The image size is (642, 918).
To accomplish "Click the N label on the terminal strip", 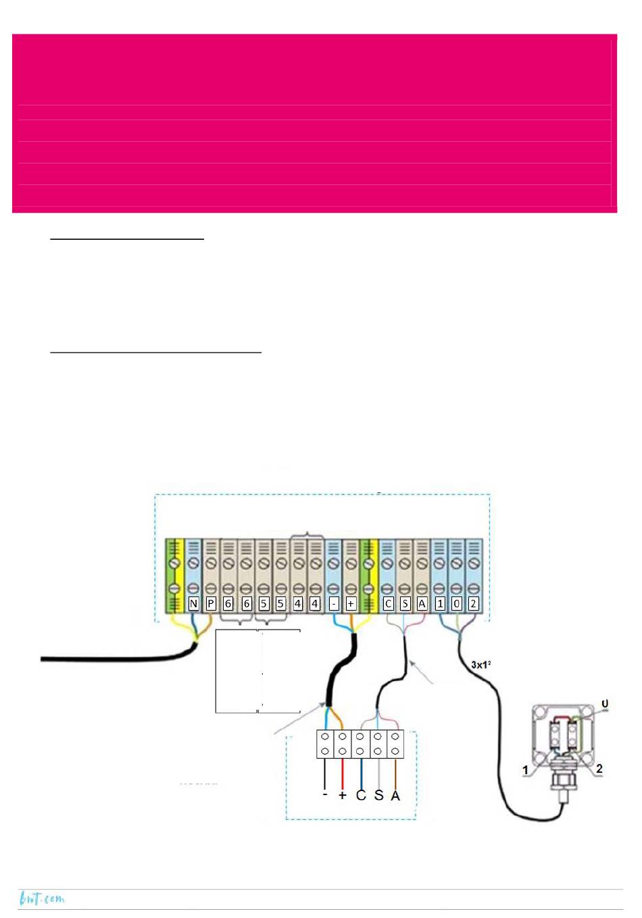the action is coord(194,603).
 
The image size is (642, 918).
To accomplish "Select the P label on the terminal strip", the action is coord(211,603).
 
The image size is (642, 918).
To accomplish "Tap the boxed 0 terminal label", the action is coord(457,603).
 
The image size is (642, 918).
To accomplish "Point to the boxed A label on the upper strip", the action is coord(422,603).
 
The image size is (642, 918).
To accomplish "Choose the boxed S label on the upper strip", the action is coord(405,603).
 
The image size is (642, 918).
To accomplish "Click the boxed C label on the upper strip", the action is coord(388,603).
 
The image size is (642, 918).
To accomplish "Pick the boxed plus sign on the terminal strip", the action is coord(351,603).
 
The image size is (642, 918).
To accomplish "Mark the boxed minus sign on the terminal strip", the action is coord(334,603).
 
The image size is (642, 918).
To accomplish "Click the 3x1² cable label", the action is coord(481,665).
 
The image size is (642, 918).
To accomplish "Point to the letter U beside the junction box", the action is coord(605,704).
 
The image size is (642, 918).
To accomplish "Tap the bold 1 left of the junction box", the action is coord(525,770).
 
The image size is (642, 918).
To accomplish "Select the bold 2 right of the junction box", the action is coord(599,769).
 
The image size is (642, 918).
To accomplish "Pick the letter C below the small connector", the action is coord(361,795).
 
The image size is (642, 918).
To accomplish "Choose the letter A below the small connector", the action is coord(395,795).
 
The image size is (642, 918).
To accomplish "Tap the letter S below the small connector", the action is coord(378,795).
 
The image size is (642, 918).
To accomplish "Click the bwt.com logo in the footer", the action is coord(42,899).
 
